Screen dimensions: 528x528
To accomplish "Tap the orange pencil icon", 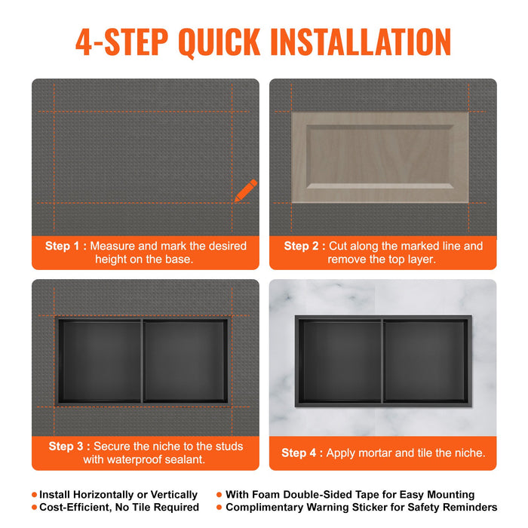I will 245,191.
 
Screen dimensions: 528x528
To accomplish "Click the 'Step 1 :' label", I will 66,246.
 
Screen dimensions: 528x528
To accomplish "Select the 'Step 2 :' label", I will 305,246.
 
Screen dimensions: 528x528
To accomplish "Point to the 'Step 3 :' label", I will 69,446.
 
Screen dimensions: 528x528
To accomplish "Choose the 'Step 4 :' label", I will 302,453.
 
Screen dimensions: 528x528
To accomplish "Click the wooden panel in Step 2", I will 379,157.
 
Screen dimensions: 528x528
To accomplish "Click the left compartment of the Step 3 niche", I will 100,361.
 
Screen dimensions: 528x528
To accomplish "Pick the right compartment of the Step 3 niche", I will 185,361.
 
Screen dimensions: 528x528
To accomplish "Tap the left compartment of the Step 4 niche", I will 340,361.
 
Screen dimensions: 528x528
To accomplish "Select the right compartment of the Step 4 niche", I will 425,361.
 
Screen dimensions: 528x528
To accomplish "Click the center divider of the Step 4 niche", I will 382,361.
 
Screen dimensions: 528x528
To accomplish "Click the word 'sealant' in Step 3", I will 180,459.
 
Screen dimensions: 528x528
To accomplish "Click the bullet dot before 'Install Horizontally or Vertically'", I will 35,495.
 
